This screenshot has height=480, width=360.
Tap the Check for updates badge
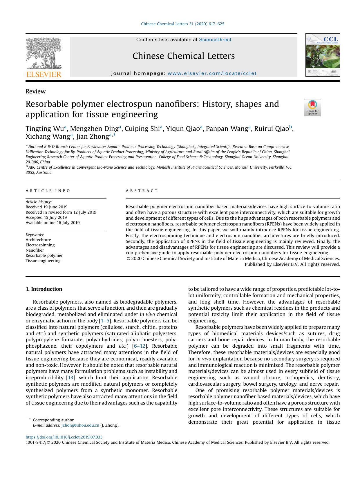(x=312, y=108)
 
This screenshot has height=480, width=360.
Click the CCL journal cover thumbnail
(x=322, y=55)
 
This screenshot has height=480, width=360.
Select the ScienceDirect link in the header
(x=215, y=40)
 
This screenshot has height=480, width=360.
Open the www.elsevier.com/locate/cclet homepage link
(x=212, y=73)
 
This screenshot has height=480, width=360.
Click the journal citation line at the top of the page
(x=182, y=24)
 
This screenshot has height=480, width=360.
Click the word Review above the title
(x=35, y=91)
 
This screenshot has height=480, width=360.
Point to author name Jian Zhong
(x=92, y=136)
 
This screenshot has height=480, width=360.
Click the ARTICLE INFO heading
(x=48, y=191)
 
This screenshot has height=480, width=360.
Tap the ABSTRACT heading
(x=142, y=191)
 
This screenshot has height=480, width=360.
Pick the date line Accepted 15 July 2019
(x=46, y=217)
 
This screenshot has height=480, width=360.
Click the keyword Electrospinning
(x=40, y=245)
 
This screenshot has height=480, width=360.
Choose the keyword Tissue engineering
(x=43, y=261)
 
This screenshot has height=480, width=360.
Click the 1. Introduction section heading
(x=44, y=289)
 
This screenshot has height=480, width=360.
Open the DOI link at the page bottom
(x=64, y=437)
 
